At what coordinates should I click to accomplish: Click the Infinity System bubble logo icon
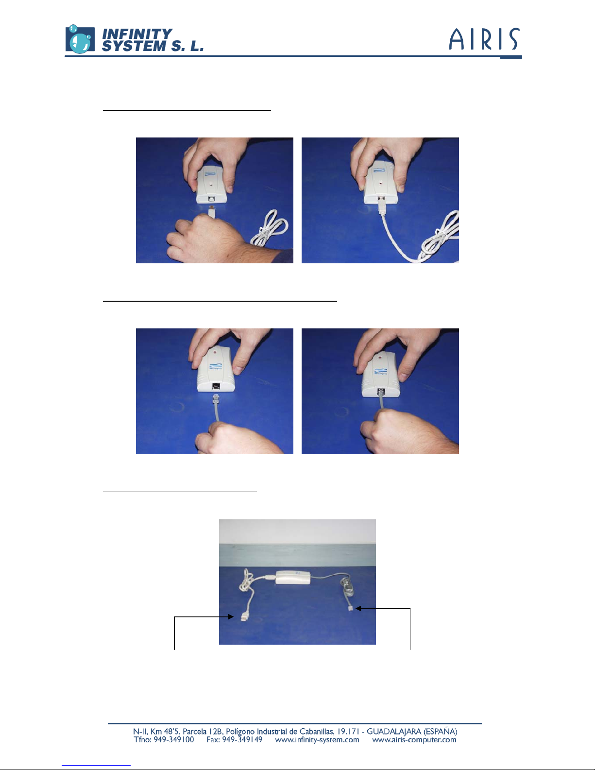[x=80, y=39]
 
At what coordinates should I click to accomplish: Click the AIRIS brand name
[x=485, y=39]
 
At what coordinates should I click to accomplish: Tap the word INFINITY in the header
[x=137, y=34]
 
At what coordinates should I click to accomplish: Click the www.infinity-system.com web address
[x=317, y=740]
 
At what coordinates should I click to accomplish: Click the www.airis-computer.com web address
[x=414, y=740]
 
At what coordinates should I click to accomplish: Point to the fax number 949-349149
[x=242, y=739]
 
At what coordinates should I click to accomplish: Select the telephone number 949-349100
[x=173, y=739]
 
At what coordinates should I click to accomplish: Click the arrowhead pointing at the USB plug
[x=231, y=616]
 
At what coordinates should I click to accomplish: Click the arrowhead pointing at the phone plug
[x=358, y=608]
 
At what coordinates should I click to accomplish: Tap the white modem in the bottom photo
[x=293, y=578]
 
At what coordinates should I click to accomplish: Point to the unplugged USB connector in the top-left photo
[x=211, y=211]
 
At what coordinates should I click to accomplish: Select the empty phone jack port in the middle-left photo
[x=216, y=386]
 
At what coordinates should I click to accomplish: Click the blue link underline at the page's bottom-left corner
[x=96, y=765]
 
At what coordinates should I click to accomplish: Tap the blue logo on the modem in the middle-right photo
[x=381, y=371]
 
